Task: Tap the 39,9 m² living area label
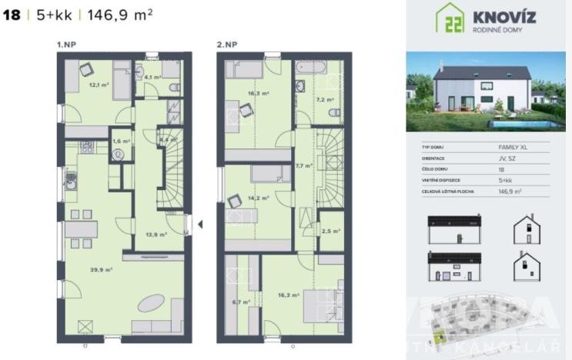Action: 102,269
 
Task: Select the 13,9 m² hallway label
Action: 157,235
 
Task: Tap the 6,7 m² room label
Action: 239,302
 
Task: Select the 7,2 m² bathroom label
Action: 323,100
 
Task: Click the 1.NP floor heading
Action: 65,45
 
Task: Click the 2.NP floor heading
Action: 226,45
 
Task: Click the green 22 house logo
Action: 450,18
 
